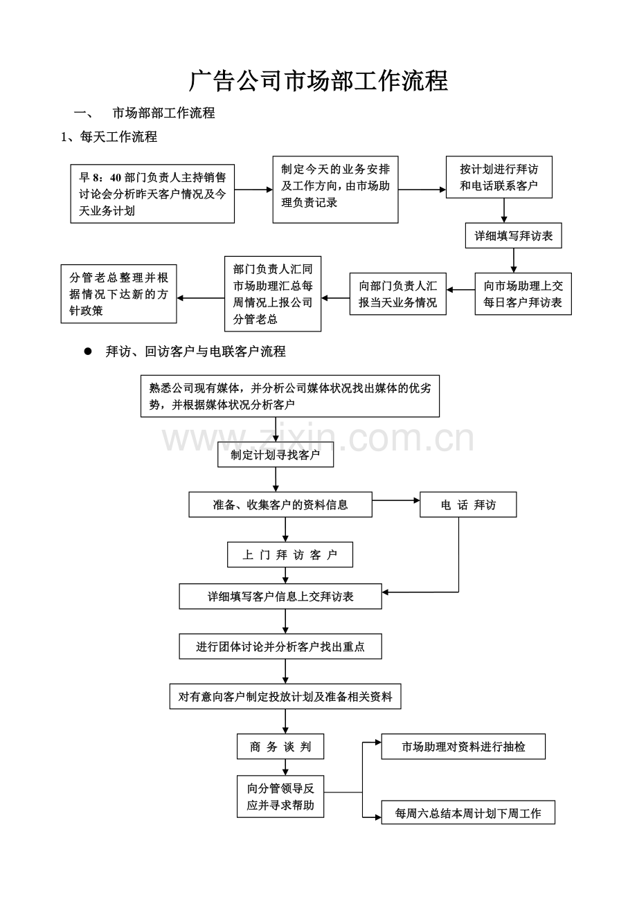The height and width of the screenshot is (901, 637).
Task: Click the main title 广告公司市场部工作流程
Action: pos(318,80)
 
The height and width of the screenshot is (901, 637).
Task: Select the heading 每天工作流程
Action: pos(118,137)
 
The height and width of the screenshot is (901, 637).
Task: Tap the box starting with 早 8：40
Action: pos(152,194)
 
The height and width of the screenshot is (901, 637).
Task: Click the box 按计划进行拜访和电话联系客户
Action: pos(499,177)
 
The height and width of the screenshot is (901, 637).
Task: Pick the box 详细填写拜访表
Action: pos(514,235)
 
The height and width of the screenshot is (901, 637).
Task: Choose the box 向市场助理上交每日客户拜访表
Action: pos(523,293)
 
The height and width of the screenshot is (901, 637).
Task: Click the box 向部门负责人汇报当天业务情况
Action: pos(398,293)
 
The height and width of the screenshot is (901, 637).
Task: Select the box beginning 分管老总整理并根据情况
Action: pos(118,293)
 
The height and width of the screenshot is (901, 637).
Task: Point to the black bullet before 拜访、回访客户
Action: pos(88,352)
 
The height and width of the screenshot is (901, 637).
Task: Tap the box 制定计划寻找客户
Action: pos(276,455)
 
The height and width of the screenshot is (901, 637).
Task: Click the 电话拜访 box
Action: pos(468,504)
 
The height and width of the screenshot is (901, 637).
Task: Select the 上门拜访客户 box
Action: pos(290,555)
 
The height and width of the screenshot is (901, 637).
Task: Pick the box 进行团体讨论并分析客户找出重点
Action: pos(280,646)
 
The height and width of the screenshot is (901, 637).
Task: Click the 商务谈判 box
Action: pos(280,747)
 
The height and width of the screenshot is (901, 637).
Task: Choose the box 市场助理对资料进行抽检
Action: pos(464,747)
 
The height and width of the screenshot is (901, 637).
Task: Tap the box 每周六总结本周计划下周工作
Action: pos(468,813)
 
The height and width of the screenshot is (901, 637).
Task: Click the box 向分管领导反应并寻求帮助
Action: pos(280,797)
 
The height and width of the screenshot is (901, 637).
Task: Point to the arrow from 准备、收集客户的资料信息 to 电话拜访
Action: pos(396,500)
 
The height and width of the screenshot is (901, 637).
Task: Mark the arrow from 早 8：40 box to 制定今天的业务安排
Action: pos(254,190)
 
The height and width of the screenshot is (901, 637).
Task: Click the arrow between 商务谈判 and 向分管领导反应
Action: pos(285,767)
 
